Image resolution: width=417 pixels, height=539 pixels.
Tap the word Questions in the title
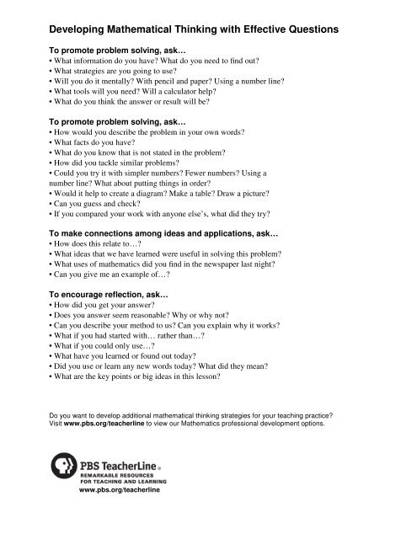[304, 30]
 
